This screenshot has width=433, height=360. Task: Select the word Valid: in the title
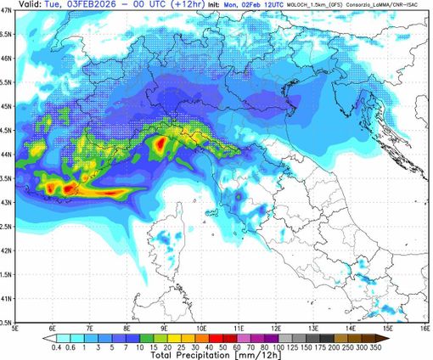point(18,7)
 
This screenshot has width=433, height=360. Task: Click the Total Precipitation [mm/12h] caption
point(216,356)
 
